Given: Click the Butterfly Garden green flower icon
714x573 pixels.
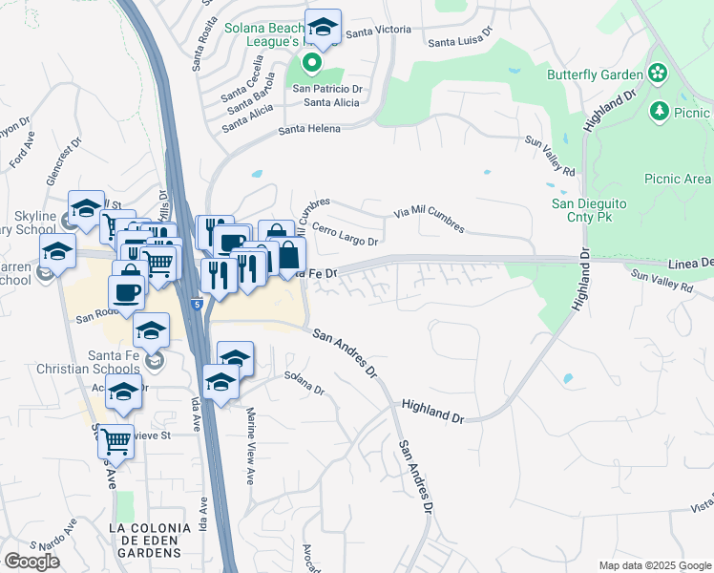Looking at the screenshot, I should tap(657, 74).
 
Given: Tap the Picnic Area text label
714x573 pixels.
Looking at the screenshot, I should tap(677, 179).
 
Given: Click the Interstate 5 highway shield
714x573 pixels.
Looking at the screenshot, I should tap(196, 305).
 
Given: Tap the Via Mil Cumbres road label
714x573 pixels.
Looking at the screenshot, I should tap(430, 220).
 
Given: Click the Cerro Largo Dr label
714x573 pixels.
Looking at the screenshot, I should tap(345, 235).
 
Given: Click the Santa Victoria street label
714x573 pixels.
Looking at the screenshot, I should tap(378, 32).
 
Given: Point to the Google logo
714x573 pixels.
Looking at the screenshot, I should tap(32, 561).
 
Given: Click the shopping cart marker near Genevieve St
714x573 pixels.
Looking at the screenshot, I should tap(115, 442).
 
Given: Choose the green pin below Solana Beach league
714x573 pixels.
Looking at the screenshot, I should tap(311, 64).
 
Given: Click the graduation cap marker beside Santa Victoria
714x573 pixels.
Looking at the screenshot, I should tap(323, 28).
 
